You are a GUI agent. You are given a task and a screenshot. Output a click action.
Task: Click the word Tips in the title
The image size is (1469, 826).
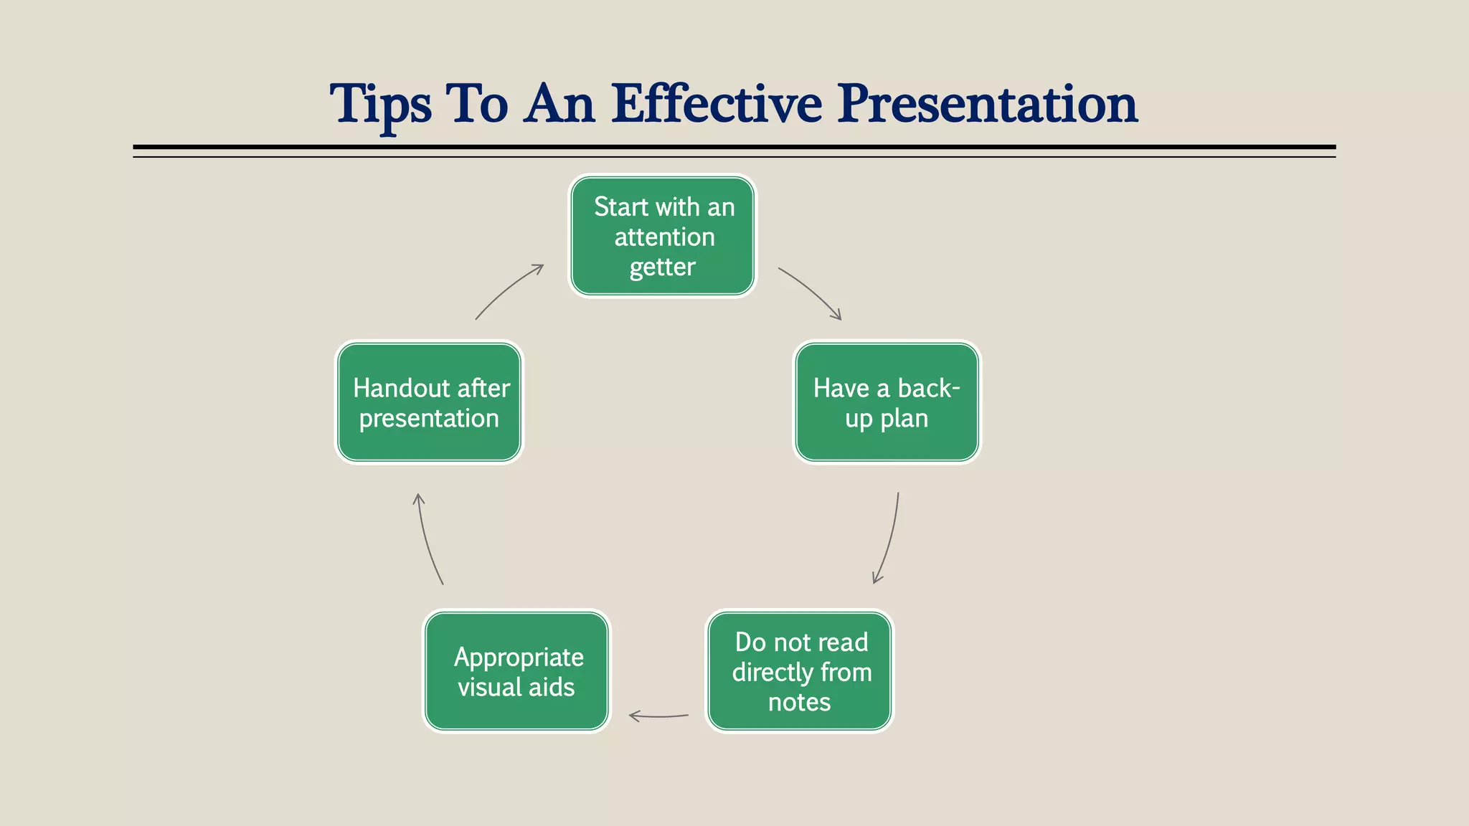click(380, 105)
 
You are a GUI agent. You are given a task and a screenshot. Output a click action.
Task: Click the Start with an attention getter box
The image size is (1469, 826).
click(662, 236)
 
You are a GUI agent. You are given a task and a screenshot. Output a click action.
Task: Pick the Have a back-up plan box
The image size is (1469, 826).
click(887, 402)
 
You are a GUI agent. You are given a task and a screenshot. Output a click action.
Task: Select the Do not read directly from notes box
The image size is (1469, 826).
click(800, 671)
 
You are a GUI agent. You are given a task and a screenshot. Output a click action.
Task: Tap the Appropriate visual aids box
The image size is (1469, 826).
click(516, 671)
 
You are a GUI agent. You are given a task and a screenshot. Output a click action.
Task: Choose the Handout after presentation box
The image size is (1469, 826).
click(429, 402)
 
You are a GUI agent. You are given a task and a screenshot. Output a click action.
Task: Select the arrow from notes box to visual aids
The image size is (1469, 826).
click(658, 716)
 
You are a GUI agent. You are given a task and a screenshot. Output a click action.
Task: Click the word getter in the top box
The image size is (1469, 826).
click(662, 267)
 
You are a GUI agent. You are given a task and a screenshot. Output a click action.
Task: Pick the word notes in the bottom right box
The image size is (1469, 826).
click(799, 702)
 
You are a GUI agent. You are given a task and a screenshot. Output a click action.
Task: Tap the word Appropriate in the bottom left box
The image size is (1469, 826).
click(519, 657)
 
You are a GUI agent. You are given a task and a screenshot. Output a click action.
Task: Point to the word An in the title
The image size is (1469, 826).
click(559, 103)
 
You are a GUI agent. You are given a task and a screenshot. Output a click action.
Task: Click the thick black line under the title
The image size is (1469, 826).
click(734, 147)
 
